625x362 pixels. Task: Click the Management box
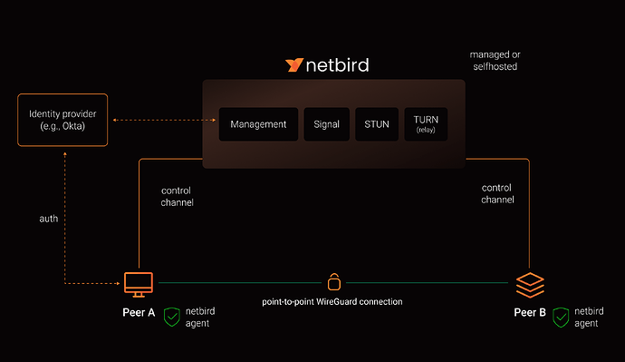pos(258,124)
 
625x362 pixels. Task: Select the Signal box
pos(326,124)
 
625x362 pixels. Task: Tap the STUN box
pos(377,124)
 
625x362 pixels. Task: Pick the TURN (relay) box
pos(426,124)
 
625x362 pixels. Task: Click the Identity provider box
pos(62,120)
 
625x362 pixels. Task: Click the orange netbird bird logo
pos(294,64)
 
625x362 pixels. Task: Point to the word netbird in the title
pos(337,65)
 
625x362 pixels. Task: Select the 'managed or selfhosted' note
pos(495,61)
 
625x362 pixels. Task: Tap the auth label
pos(49,219)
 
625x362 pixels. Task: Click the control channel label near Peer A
pos(177,196)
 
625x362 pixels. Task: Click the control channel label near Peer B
pos(497,193)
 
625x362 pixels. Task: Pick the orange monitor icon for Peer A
pos(139,285)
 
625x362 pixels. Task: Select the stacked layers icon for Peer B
pos(530,285)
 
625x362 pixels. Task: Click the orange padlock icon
pos(334,282)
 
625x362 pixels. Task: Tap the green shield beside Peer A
pos(172,317)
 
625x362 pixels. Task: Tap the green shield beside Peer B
pos(561,318)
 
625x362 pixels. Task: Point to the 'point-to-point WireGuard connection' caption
pos(332,302)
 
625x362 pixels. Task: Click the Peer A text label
pos(139,312)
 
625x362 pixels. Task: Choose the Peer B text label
pos(530,312)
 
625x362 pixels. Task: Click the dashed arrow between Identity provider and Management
pos(164,120)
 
